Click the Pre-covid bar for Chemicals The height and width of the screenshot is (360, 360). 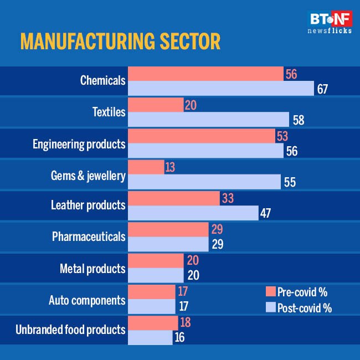(x=205, y=74)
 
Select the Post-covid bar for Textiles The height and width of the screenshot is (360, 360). (x=208, y=120)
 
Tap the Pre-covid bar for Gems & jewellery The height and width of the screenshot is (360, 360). (x=146, y=167)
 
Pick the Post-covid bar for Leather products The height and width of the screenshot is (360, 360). (x=193, y=213)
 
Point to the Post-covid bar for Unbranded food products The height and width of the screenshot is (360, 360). (x=150, y=337)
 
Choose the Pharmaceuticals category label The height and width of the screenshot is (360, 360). (x=89, y=237)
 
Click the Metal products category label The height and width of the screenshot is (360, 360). (x=92, y=269)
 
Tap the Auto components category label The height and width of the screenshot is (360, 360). (x=87, y=301)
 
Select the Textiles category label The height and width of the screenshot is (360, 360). (x=109, y=112)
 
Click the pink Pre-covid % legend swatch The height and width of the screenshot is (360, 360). (x=271, y=292)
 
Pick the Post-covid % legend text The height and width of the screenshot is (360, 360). (x=306, y=308)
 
